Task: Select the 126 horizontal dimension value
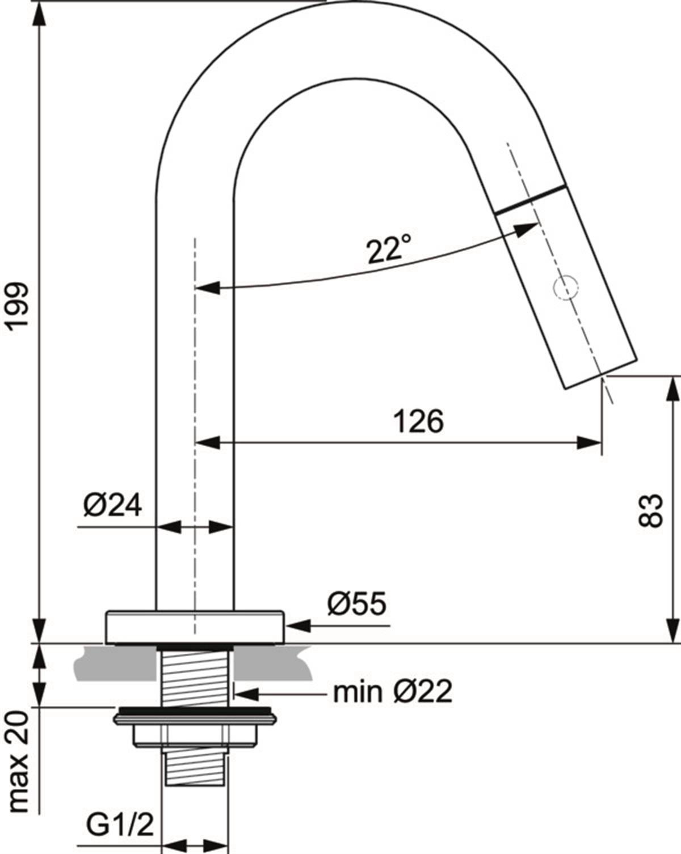(x=418, y=421)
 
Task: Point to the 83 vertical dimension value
(x=650, y=510)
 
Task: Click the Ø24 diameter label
(x=112, y=505)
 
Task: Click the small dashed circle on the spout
(x=565, y=288)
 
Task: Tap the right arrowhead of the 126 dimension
(x=589, y=442)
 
